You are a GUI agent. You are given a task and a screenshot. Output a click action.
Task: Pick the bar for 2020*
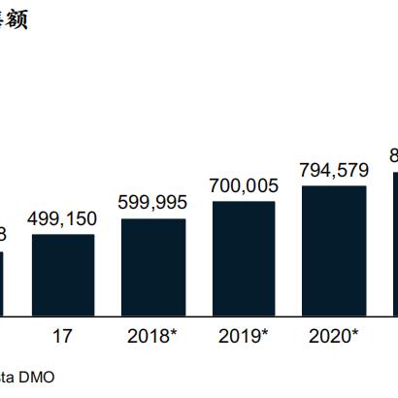tap(334, 250)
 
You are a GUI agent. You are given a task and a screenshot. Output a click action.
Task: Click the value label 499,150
tap(63, 219)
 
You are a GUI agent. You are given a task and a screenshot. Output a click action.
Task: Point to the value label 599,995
tap(153, 203)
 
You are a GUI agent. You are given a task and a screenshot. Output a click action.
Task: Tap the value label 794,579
tap(334, 170)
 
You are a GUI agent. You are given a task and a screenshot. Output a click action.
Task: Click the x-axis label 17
tap(63, 337)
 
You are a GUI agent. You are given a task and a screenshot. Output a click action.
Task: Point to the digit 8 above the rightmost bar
tap(393, 155)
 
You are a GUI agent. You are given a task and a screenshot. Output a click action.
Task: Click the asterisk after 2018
tap(176, 335)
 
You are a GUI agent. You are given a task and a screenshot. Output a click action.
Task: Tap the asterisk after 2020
tap(356, 335)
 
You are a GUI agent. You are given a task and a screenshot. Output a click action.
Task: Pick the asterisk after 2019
tap(266, 335)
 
